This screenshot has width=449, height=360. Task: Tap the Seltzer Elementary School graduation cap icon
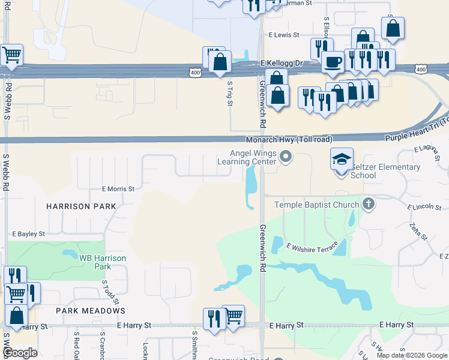tap(342, 160)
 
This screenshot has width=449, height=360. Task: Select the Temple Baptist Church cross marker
tap(369, 205)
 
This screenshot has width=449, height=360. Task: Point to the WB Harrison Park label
tap(103, 262)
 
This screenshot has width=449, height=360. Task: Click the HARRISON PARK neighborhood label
tap(81, 206)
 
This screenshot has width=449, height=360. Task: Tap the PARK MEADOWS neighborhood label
tap(91, 311)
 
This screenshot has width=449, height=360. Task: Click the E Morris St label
tap(118, 188)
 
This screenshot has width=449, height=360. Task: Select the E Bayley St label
tap(29, 233)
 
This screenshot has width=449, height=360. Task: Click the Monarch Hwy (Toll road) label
tap(297, 139)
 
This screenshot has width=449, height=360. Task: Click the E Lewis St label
tap(284, 35)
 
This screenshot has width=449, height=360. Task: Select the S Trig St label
tap(229, 94)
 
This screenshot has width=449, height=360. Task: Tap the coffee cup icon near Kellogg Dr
tap(333, 61)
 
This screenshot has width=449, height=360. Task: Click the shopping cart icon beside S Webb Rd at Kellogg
tap(11, 56)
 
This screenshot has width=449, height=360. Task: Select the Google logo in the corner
tap(19, 352)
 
